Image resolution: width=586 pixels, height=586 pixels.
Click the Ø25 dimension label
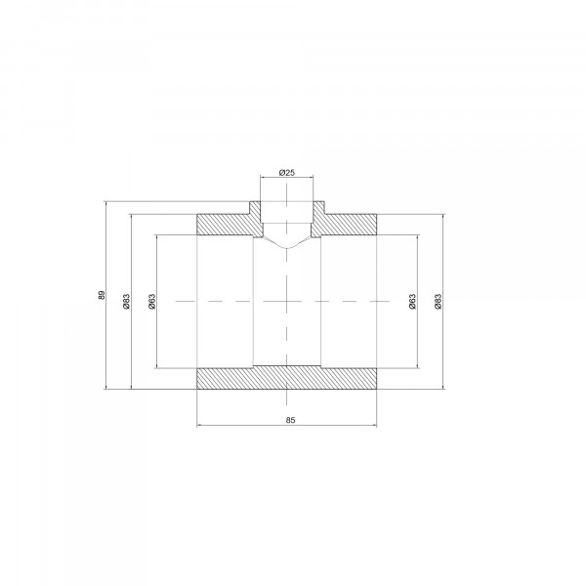point(286,172)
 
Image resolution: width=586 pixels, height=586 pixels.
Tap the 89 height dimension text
point(102,295)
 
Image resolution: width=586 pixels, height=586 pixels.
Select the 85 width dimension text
point(290,420)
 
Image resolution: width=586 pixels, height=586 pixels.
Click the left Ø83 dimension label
point(126,301)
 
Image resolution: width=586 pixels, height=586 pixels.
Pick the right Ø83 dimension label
point(438,301)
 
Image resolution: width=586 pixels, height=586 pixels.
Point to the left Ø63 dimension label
point(151,301)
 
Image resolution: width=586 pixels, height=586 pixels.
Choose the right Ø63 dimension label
point(412,301)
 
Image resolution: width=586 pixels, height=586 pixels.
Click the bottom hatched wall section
point(286,377)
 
